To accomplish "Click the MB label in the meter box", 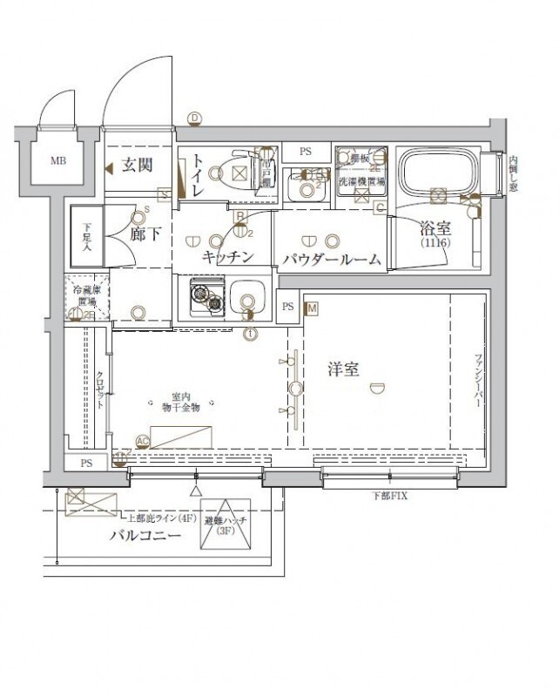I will pos(57,160).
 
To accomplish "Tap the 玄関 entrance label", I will pos(137,166).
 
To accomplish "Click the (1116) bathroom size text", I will pos(434,244).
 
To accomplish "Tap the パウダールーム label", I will pos(331,259).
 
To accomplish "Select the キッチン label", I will pos(227,256).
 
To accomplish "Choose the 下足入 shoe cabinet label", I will pos(87,234).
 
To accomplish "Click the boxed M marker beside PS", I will pos(312,308).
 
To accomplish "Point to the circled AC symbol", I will pos(142,442).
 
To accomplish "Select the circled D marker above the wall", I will pos(195,118).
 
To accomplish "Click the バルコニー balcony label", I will pos(145,535).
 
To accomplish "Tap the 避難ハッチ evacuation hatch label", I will pos(226,525).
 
